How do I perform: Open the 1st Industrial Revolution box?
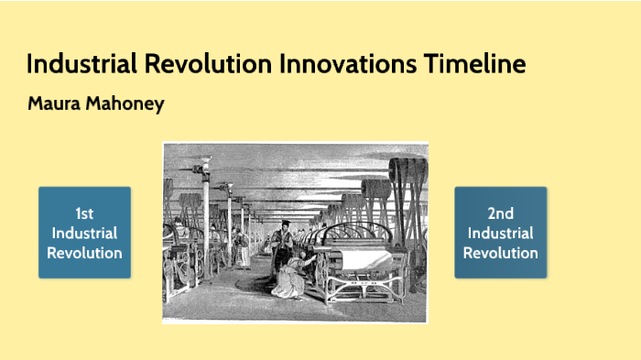pos(84,233)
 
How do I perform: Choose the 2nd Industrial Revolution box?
pos(500,233)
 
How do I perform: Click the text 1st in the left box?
pos(84,213)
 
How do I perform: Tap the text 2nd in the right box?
pos(500,213)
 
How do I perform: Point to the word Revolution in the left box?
pos(84,253)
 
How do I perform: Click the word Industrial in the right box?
pos(500,233)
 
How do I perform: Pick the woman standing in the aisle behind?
pos(239,245)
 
